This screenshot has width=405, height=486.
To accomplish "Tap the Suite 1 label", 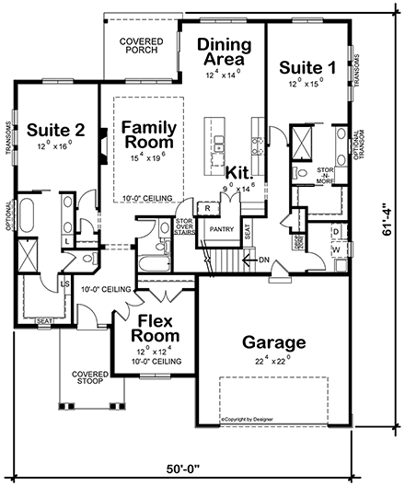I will (307, 67).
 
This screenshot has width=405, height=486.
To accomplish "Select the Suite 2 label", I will (55, 129).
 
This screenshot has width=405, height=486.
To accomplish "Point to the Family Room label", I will (149, 136).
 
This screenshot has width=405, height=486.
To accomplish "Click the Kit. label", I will (240, 173).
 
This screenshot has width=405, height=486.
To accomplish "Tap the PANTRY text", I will (219, 227).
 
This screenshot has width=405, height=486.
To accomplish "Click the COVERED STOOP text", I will (90, 378).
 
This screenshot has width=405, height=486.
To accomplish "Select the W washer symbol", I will (334, 249).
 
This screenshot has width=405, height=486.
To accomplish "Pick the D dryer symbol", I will (334, 231).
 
